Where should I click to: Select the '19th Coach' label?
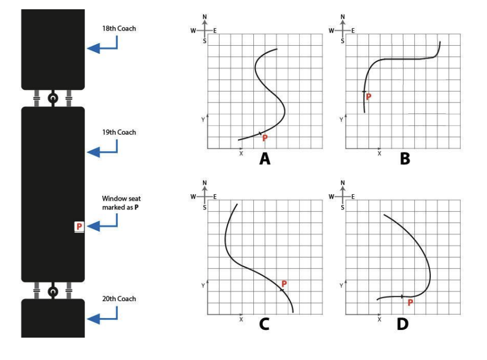click(x=120, y=133)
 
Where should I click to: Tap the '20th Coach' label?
click(x=120, y=299)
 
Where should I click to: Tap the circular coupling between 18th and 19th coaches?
click(x=53, y=99)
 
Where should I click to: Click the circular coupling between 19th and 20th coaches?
click(x=53, y=291)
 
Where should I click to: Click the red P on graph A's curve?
click(x=265, y=139)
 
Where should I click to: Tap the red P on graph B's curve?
click(x=369, y=97)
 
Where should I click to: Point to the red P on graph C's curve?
click(x=284, y=284)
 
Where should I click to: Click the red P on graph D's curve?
click(x=410, y=302)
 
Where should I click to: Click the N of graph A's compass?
click(x=205, y=17)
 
